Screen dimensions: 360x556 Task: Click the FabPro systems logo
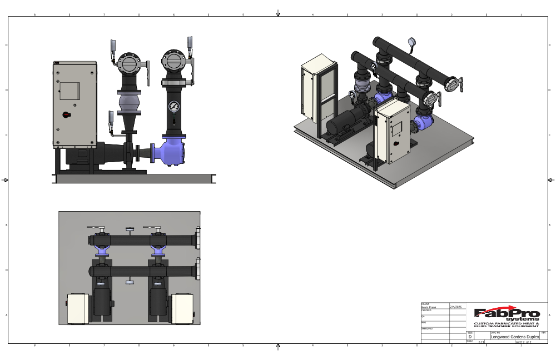tap(506, 314)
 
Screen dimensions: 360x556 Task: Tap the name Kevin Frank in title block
tap(428, 307)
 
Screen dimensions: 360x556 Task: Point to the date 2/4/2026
tap(456, 307)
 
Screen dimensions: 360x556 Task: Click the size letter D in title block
tap(470, 337)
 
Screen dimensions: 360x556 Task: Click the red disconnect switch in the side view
tap(66, 115)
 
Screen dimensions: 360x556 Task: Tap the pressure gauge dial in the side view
tap(175, 106)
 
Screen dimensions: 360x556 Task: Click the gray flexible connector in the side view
tap(129, 104)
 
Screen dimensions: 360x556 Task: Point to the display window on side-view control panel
tap(69, 91)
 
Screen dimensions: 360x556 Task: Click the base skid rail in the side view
tap(133, 178)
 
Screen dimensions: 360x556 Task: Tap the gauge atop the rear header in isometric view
tap(411, 41)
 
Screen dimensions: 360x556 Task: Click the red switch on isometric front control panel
tap(395, 142)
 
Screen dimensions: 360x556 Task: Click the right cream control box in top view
tap(182, 309)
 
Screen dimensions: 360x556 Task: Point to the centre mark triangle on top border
tap(278, 14)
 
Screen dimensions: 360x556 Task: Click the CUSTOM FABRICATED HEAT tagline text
tap(506, 323)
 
